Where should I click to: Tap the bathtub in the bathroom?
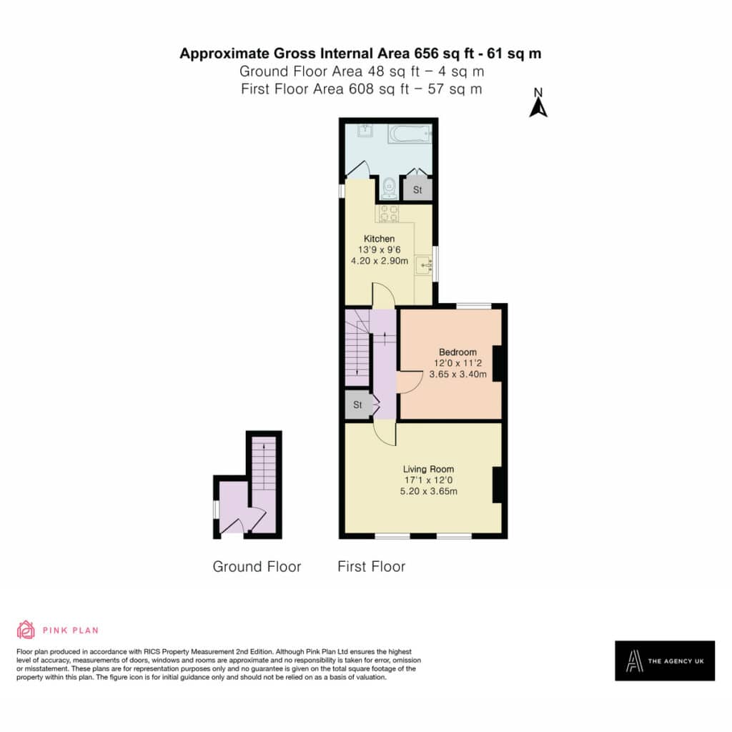click(410, 134)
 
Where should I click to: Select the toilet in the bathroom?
click(389, 188)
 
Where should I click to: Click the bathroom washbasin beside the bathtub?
click(365, 130)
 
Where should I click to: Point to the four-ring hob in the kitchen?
click(388, 214)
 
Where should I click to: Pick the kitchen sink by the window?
click(424, 265)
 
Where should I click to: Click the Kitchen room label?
click(379, 239)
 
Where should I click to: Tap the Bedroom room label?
click(457, 352)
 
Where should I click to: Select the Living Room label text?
click(429, 469)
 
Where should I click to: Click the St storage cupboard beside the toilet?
click(417, 189)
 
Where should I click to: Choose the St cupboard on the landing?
click(358, 405)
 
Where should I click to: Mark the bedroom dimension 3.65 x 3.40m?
click(458, 374)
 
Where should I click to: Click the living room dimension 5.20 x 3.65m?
click(429, 491)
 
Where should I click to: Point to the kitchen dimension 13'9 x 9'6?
click(379, 249)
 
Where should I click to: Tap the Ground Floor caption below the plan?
click(257, 566)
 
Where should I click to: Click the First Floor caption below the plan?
click(372, 566)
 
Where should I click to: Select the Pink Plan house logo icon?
click(26, 630)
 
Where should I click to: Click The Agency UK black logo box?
click(665, 661)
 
